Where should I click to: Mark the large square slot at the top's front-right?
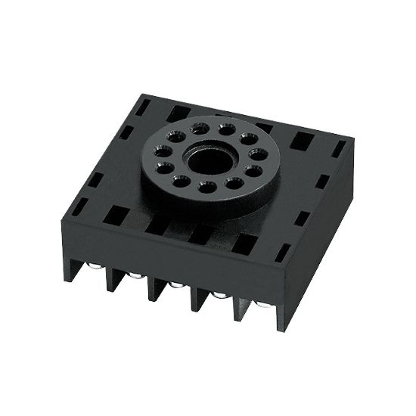tap(244, 243)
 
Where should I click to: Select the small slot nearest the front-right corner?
tap(283, 252)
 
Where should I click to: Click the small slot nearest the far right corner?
tap(339, 148)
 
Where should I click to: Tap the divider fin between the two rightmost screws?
tap(241, 305)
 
